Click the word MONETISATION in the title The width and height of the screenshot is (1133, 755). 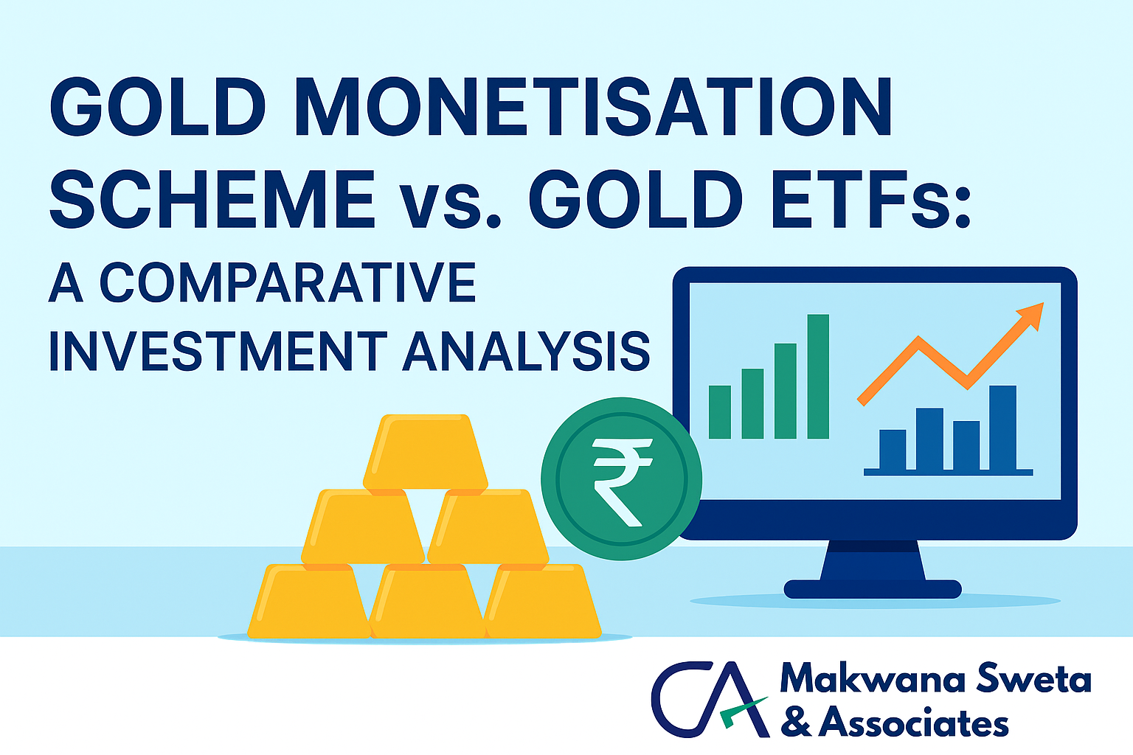(x=593, y=107)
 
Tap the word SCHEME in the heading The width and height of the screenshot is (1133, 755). (x=212, y=199)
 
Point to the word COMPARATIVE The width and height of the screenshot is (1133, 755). (x=288, y=282)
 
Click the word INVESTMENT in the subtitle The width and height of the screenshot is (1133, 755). (x=218, y=352)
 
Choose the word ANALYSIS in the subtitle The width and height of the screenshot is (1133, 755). (x=527, y=352)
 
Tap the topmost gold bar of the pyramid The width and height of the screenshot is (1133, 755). (x=426, y=451)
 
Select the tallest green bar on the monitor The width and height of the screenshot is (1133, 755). (x=818, y=376)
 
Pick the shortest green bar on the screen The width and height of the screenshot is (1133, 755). (x=720, y=411)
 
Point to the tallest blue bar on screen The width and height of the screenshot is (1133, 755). (x=1002, y=428)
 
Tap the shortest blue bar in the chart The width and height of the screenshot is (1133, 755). (x=893, y=450)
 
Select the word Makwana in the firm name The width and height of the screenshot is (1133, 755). (x=873, y=678)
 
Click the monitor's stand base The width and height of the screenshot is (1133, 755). (x=873, y=589)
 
